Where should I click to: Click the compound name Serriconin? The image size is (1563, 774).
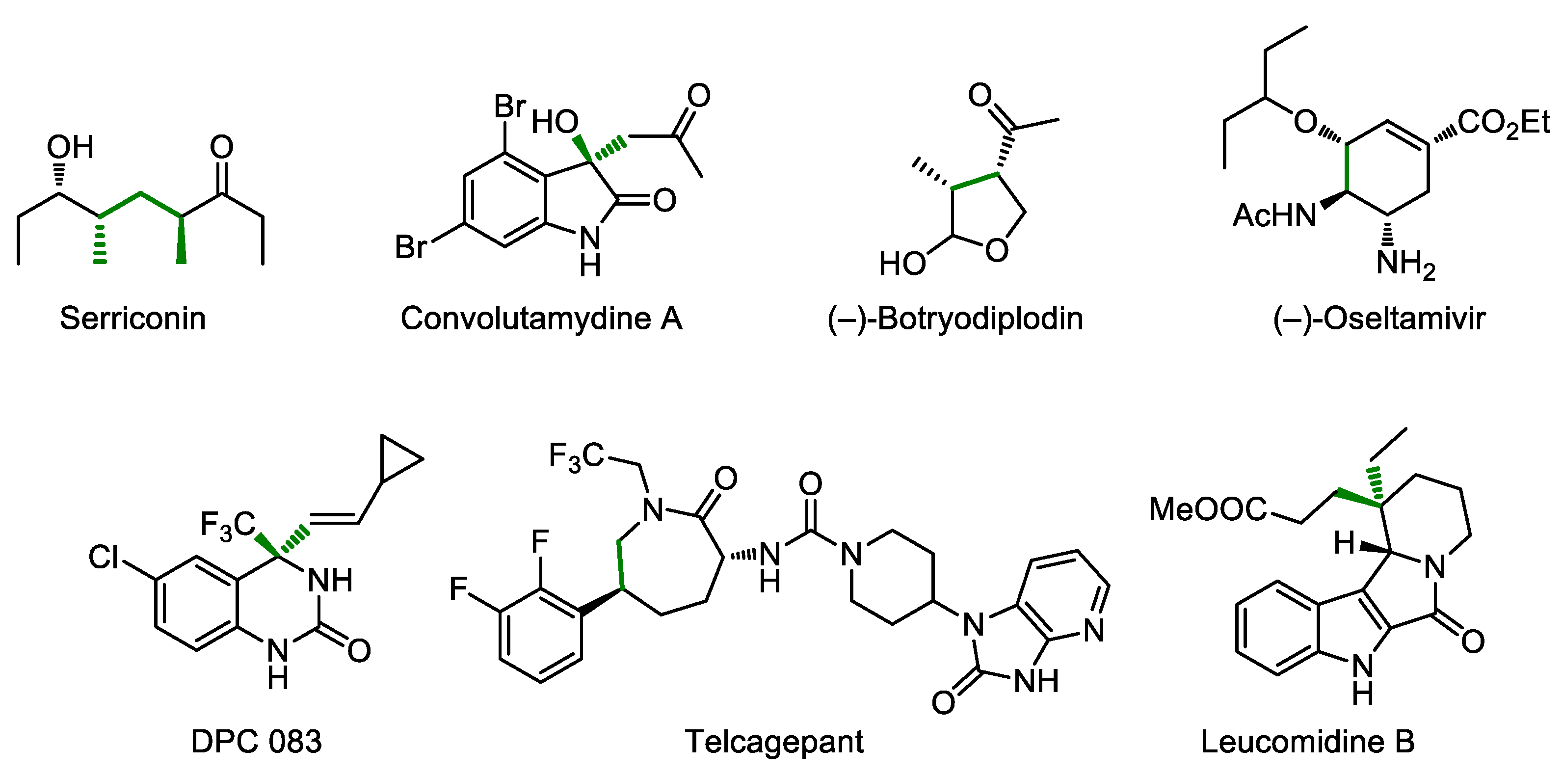pos(133,319)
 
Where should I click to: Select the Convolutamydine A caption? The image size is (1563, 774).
pos(541,319)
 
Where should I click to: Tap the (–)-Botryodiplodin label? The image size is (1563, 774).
pos(955,319)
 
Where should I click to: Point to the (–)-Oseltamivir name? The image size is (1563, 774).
pos(1378,319)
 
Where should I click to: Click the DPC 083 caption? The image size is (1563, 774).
pos(256,741)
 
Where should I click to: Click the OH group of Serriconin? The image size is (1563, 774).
pos(70,148)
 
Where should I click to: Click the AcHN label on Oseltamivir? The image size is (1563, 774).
pos(1274,215)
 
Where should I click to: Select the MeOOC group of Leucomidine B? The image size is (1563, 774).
pos(1207,508)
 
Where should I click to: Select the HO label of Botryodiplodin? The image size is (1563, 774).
pos(902,264)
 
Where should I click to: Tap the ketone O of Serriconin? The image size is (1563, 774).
pos(221,148)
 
